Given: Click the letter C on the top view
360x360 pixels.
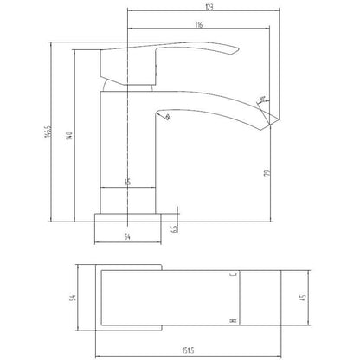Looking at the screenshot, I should pyautogui.click(x=233, y=273).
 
